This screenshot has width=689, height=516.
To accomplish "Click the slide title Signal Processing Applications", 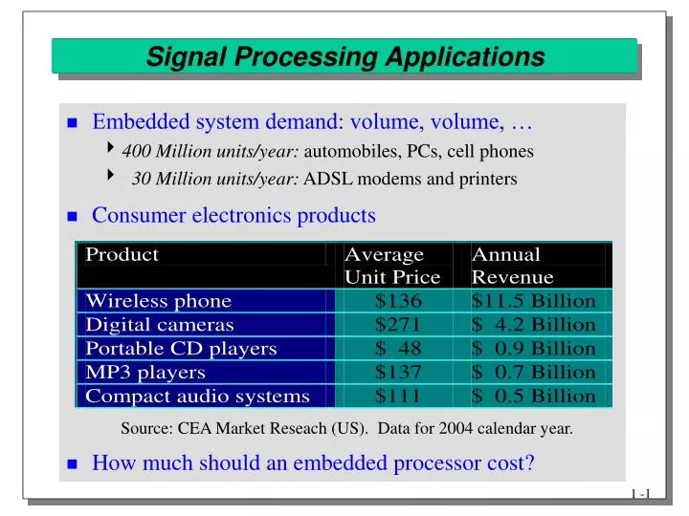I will tap(345, 57).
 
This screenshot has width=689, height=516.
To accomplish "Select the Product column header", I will tap(122, 254).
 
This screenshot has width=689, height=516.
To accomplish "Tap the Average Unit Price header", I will tap(391, 266).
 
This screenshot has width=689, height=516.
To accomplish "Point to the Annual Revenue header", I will tap(512, 266).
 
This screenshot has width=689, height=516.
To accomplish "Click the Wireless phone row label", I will tap(158, 301).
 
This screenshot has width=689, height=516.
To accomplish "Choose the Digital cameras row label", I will tap(159, 325).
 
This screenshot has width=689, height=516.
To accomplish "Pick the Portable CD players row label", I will tap(181, 348).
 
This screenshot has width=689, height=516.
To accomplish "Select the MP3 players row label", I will tap(145, 372).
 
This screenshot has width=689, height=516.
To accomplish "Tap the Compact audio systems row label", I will tap(197, 396).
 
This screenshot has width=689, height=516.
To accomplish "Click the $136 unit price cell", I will tap(398, 301).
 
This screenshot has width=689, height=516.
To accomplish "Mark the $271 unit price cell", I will tap(398, 325).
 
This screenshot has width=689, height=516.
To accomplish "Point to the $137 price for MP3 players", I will tap(398, 372).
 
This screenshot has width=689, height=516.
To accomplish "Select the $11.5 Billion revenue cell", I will tap(533, 301).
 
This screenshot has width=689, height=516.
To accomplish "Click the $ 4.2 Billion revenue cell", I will tap(533, 325).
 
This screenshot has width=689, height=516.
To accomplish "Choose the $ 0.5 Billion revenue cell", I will tap(533, 396).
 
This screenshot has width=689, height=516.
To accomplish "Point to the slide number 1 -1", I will tap(640, 493).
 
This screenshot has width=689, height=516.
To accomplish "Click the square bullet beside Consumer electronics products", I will tap(73, 217).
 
